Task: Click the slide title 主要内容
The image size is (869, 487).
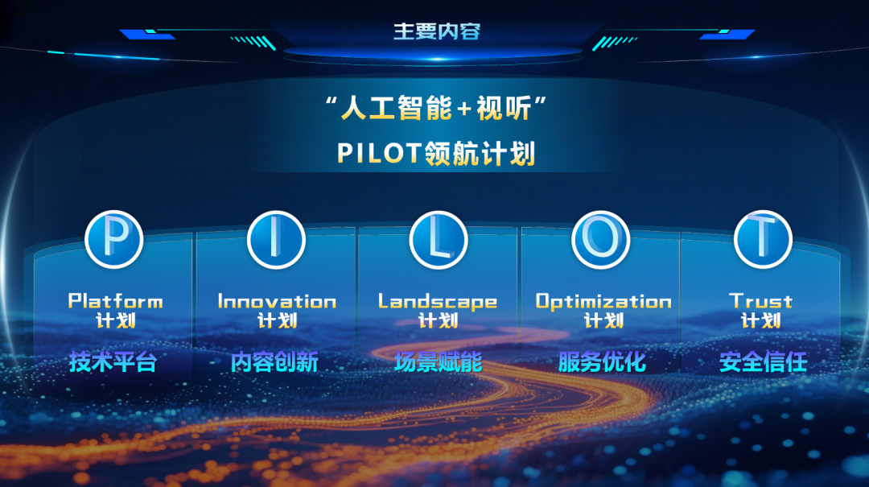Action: tap(436, 32)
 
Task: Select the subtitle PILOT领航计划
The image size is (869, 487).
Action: tap(435, 153)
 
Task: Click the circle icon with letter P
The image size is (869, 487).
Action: tap(114, 239)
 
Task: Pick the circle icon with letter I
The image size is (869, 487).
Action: tap(276, 239)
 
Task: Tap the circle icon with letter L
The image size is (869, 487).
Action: tap(439, 239)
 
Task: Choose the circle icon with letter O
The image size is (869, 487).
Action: tap(601, 239)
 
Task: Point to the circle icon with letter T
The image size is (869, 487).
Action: tap(763, 239)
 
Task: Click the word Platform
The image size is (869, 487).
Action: tap(115, 301)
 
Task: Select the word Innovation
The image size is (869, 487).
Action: tap(277, 301)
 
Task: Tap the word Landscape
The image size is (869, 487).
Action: tap(438, 301)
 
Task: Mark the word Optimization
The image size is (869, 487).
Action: tap(603, 301)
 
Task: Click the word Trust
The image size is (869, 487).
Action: tap(761, 301)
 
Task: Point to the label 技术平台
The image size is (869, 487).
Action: tap(113, 362)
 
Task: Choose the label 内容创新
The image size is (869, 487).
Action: tap(274, 362)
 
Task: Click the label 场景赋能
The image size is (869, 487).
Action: tap(439, 362)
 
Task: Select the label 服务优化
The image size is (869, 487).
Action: tap(602, 362)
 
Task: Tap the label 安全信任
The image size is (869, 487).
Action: tap(763, 362)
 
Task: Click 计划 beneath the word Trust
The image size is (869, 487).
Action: tap(761, 320)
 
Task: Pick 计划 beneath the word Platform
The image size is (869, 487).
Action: tap(115, 320)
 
